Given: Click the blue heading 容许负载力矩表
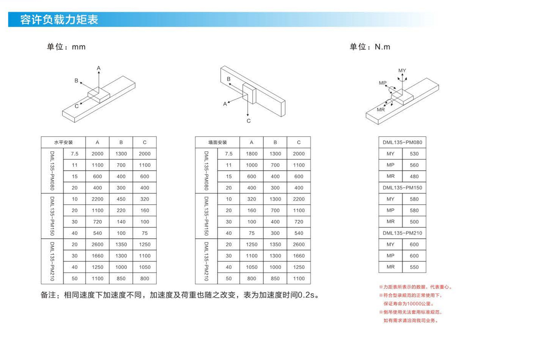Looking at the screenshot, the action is click(59, 20).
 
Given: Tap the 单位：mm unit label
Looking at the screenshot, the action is click(66, 47).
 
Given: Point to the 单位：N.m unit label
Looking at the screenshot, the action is click(370, 47).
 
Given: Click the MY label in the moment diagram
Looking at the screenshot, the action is click(402, 71).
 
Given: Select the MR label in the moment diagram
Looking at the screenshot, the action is click(381, 109).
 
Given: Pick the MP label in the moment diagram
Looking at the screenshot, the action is click(383, 83).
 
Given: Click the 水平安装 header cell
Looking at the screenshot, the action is click(64, 142).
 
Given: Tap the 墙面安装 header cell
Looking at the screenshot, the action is click(218, 142).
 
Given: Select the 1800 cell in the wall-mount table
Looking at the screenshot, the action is click(251, 154).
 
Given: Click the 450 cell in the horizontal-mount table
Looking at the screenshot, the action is click(121, 199).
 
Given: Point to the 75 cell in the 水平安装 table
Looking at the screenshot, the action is click(145, 233).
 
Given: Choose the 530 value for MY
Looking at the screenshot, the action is click(414, 154).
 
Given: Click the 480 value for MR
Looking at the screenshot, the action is click(414, 176).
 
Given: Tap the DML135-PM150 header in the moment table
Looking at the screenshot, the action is click(402, 188).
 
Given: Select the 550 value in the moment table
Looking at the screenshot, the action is click(414, 267).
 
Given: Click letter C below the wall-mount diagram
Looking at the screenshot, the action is click(249, 121).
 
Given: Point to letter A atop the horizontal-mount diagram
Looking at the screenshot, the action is click(99, 68).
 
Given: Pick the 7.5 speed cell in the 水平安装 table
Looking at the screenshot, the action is click(75, 154).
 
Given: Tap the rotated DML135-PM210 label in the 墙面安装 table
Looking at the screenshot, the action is click(206, 262).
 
